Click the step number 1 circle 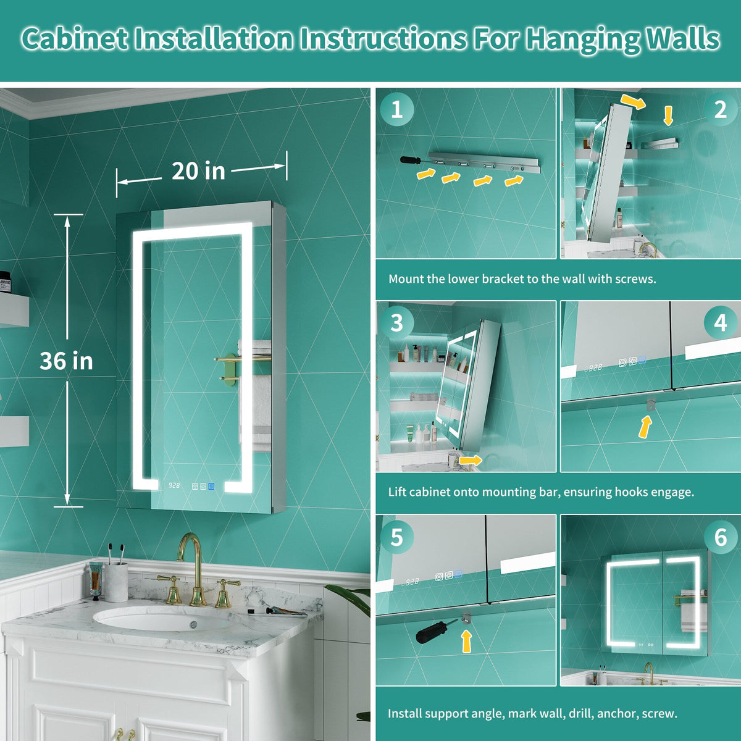click(x=397, y=109)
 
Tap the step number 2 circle click(x=720, y=109)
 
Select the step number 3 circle click(x=397, y=322)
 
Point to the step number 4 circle click(x=720, y=322)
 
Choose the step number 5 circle click(x=397, y=537)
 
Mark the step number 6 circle click(x=720, y=537)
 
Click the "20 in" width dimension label click(x=198, y=171)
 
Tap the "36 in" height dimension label click(x=67, y=361)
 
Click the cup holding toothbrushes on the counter click(x=116, y=582)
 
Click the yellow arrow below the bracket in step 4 click(x=645, y=427)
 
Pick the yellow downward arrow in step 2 click(x=668, y=115)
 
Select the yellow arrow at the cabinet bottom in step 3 click(x=471, y=460)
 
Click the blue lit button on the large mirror click(x=211, y=487)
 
